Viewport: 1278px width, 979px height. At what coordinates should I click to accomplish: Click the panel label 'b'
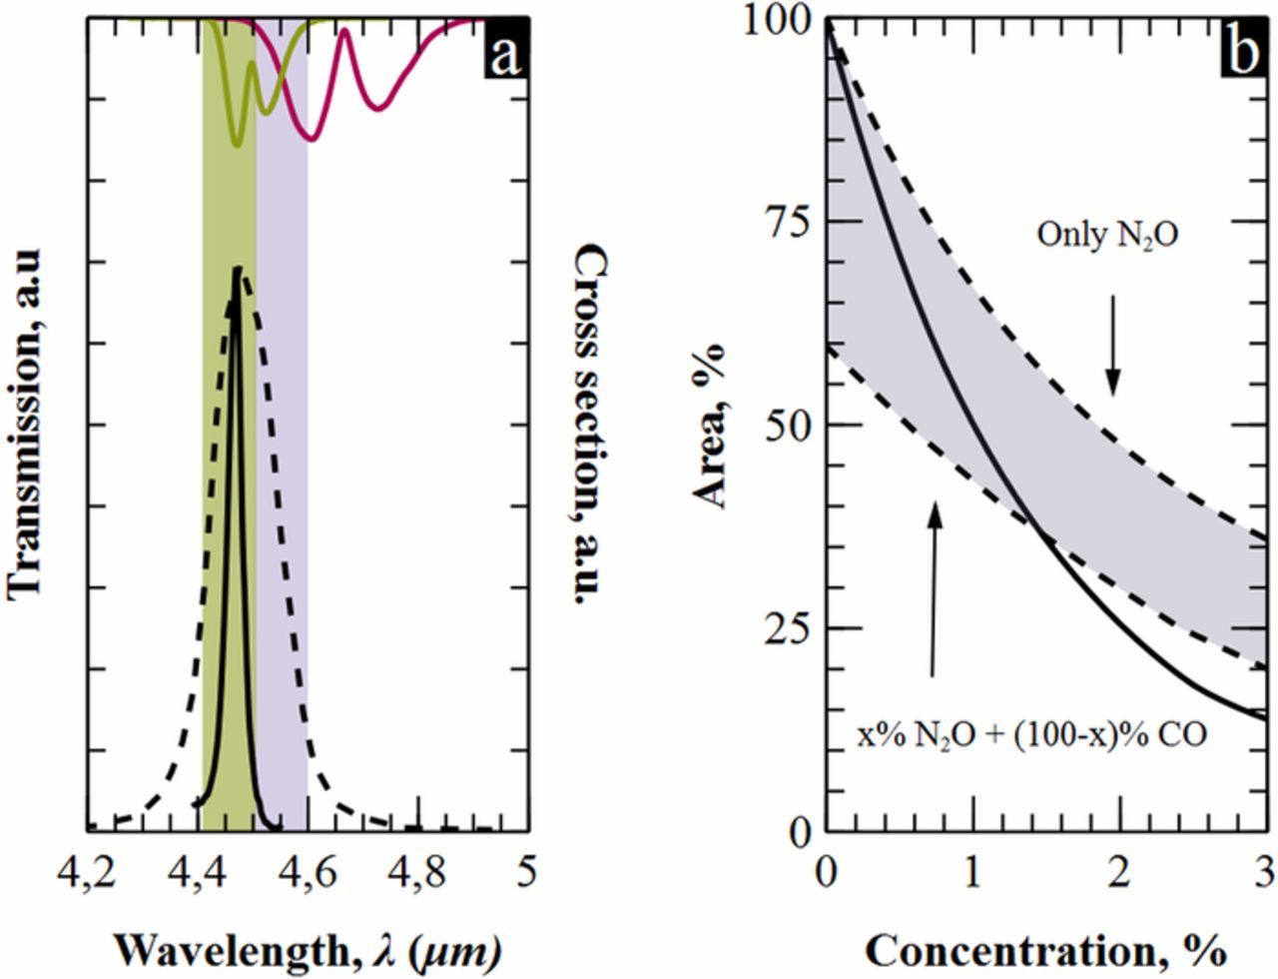click(x=1243, y=53)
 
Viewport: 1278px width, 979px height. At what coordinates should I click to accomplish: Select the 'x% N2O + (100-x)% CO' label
click(x=1032, y=735)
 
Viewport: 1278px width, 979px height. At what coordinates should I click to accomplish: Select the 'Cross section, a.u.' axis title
click(x=591, y=425)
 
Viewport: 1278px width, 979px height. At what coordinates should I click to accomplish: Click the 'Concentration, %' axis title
click(x=1044, y=950)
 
